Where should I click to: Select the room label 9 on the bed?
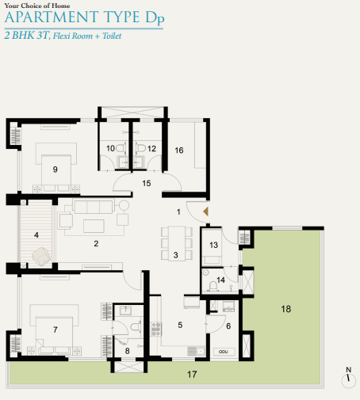click(x=56, y=169)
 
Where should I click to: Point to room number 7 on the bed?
click(x=56, y=328)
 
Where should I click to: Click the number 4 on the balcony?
click(x=36, y=235)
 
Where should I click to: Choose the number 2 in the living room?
click(x=95, y=243)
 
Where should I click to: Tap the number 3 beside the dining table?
click(x=175, y=255)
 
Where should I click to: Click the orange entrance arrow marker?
click(x=206, y=211)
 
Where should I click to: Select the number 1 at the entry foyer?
click(x=179, y=212)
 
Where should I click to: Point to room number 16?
click(x=179, y=150)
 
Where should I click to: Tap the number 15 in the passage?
click(x=146, y=183)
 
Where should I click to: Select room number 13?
click(x=214, y=246)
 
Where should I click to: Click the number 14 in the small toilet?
click(x=221, y=280)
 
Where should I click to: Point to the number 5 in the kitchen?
click(x=180, y=325)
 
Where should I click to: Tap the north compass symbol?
click(x=347, y=379)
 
